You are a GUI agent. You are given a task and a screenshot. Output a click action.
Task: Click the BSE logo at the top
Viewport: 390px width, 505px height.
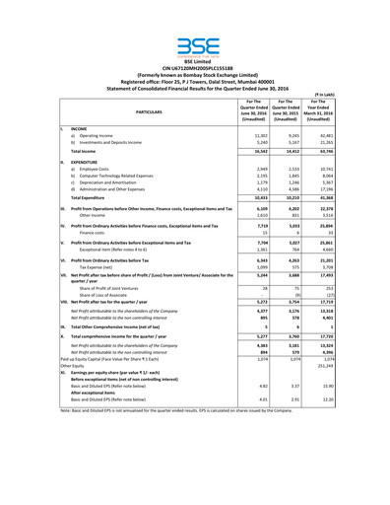[195, 45]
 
